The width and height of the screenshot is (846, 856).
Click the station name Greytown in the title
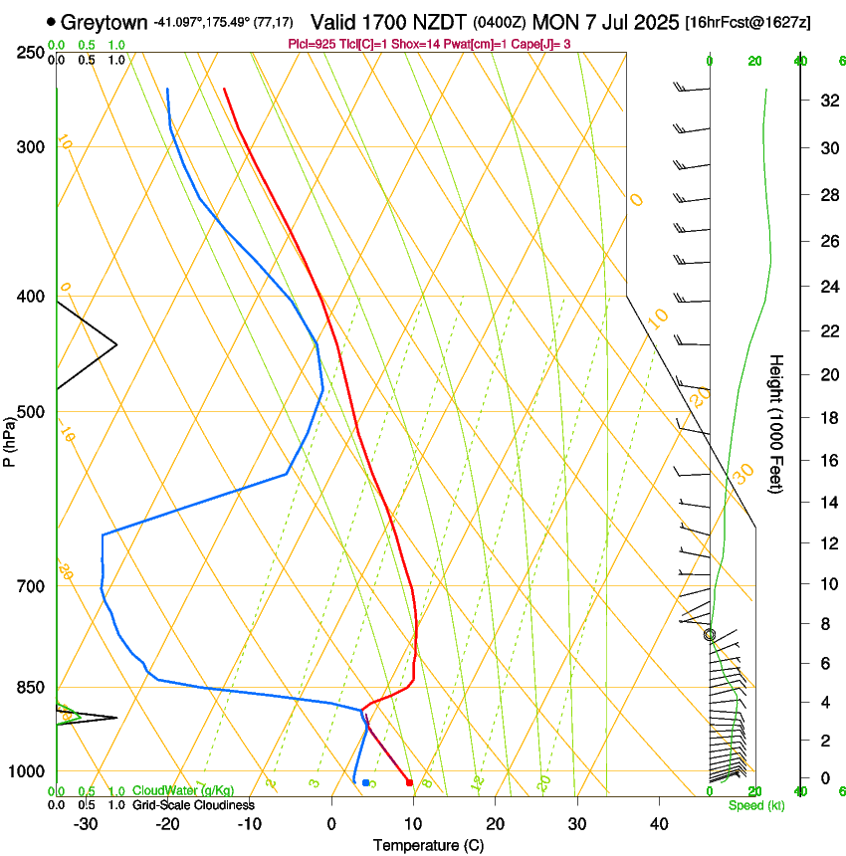(x=105, y=22)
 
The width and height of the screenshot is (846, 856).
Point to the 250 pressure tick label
(x=31, y=52)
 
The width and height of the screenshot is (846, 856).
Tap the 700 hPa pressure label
(x=31, y=586)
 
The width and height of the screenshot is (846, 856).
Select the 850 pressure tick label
(x=31, y=688)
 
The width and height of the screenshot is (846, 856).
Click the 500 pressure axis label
(x=31, y=412)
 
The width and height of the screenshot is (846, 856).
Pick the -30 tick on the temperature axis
(x=86, y=824)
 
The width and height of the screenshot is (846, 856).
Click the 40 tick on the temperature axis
(x=659, y=824)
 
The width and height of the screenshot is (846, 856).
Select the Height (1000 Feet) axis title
(x=776, y=423)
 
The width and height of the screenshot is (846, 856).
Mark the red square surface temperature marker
(x=409, y=782)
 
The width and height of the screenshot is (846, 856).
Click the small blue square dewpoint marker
(x=366, y=782)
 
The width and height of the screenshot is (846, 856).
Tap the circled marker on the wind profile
(x=710, y=634)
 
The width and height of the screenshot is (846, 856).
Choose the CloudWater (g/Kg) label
(x=183, y=790)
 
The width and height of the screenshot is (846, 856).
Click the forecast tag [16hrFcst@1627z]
(x=748, y=22)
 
